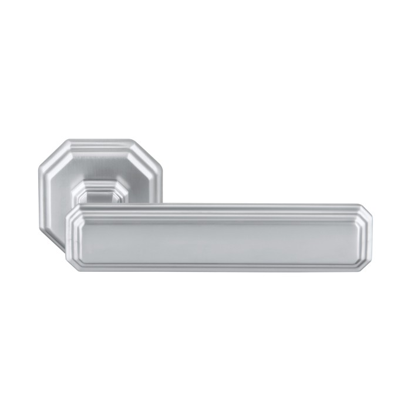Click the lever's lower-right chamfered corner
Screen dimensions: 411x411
pos(365,264)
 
